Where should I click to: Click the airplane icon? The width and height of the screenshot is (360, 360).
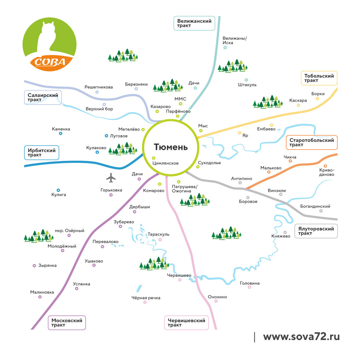111,178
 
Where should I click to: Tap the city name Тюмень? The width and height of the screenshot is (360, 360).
171,147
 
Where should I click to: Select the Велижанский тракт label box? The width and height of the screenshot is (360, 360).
194,23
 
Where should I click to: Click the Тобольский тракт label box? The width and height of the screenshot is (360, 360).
319,78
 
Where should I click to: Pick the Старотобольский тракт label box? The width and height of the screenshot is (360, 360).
311,143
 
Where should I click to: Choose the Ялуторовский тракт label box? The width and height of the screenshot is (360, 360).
316,231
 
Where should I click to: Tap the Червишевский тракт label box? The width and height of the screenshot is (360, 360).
186,323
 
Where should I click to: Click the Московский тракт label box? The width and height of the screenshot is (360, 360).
67,323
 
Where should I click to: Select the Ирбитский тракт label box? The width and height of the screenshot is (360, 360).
42,153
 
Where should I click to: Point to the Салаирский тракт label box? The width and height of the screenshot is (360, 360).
43,97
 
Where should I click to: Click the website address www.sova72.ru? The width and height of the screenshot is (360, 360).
301,337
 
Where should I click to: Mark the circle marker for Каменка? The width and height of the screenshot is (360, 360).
61,134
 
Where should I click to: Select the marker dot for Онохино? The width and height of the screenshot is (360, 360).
216,301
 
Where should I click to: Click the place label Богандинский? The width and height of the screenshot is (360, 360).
315,206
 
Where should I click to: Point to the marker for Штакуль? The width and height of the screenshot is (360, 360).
246,80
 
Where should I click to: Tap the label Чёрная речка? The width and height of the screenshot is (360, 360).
146,298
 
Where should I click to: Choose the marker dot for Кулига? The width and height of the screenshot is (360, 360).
58,190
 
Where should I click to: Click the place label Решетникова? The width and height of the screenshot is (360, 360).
99,87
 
